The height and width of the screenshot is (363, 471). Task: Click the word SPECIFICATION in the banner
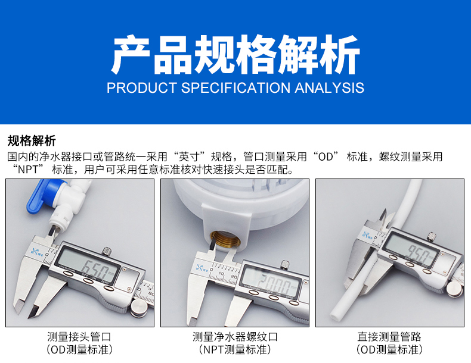coord(235,88)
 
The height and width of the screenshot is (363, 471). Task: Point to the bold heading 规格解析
coord(32,141)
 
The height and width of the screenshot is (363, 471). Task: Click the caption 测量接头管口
coord(79,337)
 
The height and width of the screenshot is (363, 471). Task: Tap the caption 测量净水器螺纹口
coord(235,337)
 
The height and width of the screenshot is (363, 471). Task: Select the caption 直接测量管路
coord(389,337)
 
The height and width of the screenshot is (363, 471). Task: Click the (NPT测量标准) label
coord(235,349)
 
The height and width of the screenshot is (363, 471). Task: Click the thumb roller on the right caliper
coord(454,289)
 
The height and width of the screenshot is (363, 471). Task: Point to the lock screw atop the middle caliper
coord(285,264)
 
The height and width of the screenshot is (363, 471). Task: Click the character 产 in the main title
coord(131,54)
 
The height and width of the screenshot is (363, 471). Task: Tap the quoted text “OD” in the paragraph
coord(326,157)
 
